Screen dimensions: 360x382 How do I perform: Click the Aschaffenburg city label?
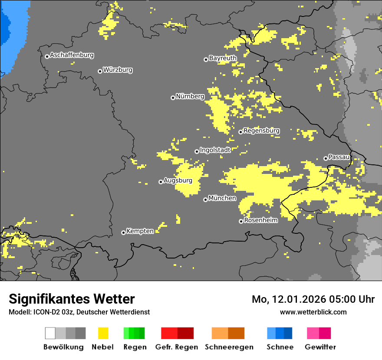point(72,56)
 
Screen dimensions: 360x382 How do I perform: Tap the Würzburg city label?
point(118,70)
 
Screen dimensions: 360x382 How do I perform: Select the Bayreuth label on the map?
point(223,58)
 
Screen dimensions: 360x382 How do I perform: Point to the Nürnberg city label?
point(190,97)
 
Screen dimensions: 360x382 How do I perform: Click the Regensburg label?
point(261,131)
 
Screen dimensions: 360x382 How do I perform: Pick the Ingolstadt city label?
point(215,150)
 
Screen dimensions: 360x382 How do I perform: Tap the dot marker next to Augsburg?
point(161,182)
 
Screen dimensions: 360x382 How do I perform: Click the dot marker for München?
point(205,200)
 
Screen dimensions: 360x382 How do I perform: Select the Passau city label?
point(339,157)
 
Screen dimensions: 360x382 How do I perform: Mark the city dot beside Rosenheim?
point(241,221)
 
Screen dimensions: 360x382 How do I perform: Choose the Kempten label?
point(140,231)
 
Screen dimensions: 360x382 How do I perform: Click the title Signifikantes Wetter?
point(72,299)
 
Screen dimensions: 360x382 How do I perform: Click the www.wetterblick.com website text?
point(313,312)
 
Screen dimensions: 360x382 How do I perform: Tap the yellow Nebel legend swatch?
point(103,333)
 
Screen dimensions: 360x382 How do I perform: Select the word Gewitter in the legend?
point(320,347)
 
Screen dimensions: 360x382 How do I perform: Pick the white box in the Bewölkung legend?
point(50,333)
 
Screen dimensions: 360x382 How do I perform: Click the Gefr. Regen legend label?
point(176,347)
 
